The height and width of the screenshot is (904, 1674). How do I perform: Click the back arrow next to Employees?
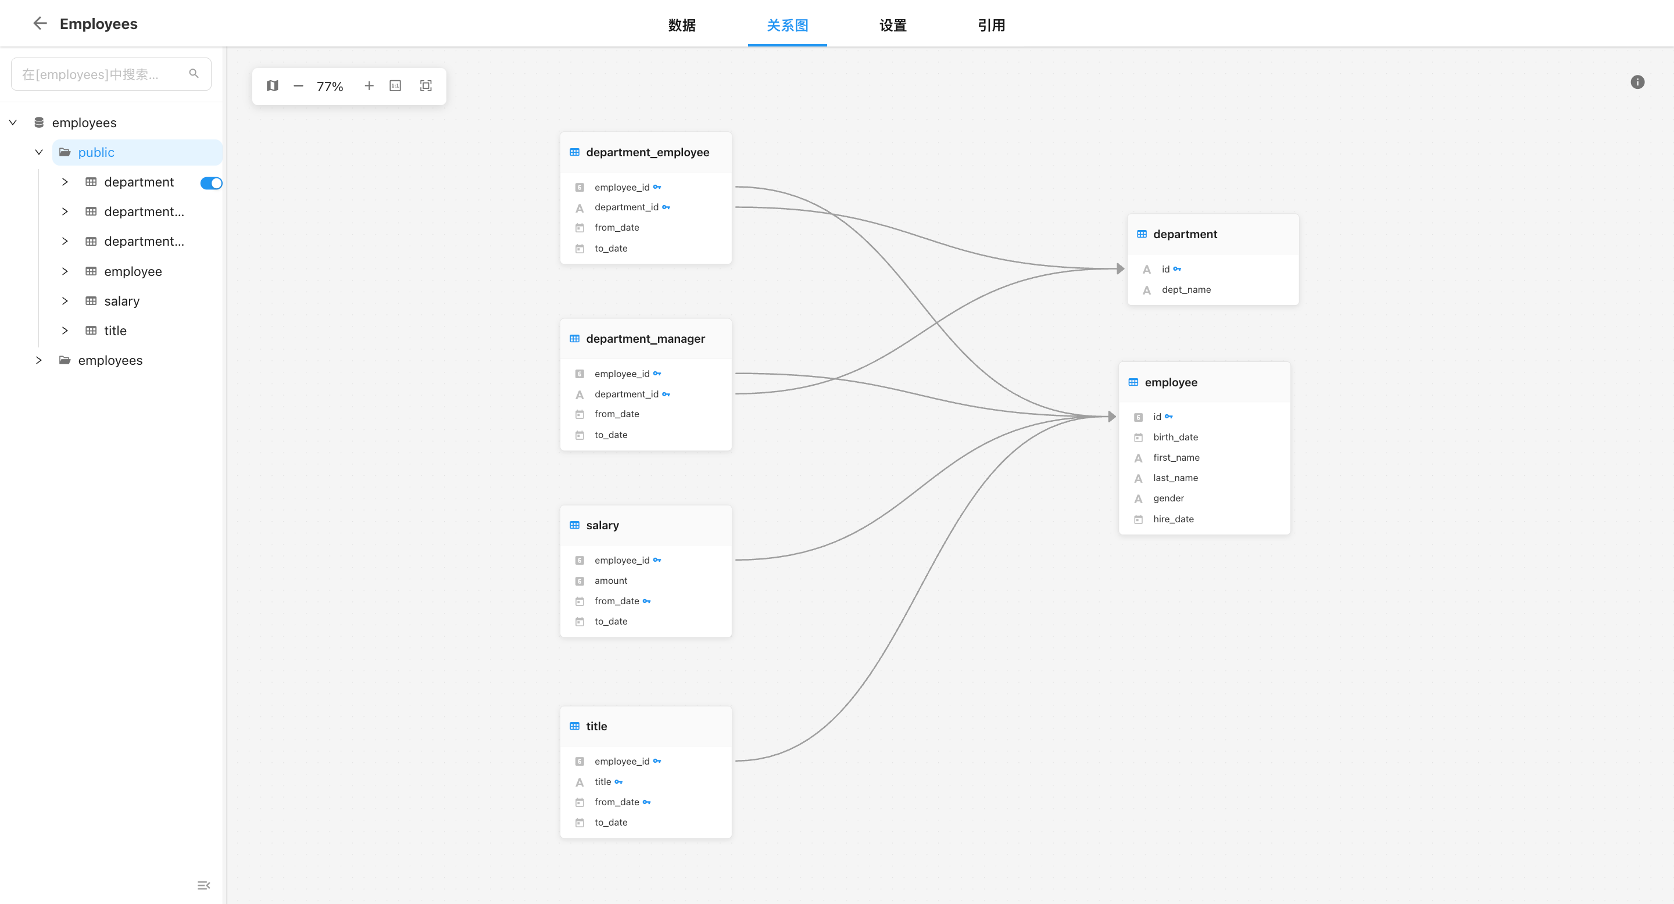40,23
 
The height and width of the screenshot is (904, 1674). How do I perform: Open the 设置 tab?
893,26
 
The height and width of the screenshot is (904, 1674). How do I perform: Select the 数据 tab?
682,26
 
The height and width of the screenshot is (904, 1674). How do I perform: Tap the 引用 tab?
992,26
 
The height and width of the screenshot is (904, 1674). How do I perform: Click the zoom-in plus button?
369,86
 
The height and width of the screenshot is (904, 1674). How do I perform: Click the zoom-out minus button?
298,86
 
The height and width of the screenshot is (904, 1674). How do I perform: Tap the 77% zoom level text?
330,87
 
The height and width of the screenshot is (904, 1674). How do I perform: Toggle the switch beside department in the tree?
211,183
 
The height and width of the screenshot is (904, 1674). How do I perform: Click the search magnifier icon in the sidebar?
194,73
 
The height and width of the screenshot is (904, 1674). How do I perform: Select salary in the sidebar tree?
121,301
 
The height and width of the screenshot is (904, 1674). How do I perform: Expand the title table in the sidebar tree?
65,331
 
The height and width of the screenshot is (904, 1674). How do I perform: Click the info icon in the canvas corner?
1637,82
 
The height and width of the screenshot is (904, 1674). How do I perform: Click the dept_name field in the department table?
1186,290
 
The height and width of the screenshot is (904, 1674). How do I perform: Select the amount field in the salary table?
611,580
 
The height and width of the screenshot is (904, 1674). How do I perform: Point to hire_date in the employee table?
1173,519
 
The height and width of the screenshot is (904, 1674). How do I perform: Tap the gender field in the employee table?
1168,498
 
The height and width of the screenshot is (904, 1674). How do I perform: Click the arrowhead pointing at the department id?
1120,269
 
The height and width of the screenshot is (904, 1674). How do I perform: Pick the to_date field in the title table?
611,822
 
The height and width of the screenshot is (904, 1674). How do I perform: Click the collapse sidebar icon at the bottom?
203,885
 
